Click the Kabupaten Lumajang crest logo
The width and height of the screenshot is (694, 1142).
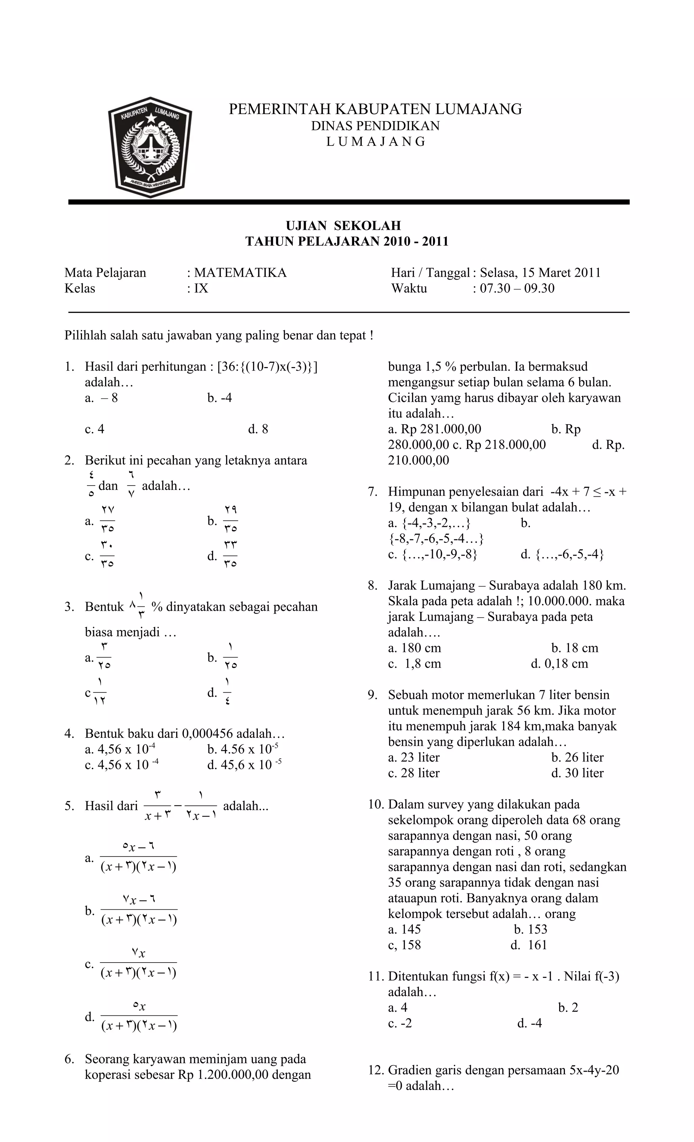149,147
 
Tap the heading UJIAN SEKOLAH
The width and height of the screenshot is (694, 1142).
343,226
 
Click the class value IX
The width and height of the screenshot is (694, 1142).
201,288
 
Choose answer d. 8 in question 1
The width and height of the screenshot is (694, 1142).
258,429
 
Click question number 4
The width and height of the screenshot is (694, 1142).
69,734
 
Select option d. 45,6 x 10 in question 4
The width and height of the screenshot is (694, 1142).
244,765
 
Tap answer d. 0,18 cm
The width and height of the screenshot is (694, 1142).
559,664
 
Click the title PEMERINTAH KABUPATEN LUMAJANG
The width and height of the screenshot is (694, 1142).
375,109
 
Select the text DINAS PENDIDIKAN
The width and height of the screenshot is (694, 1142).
375,126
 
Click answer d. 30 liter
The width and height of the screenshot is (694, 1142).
577,773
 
